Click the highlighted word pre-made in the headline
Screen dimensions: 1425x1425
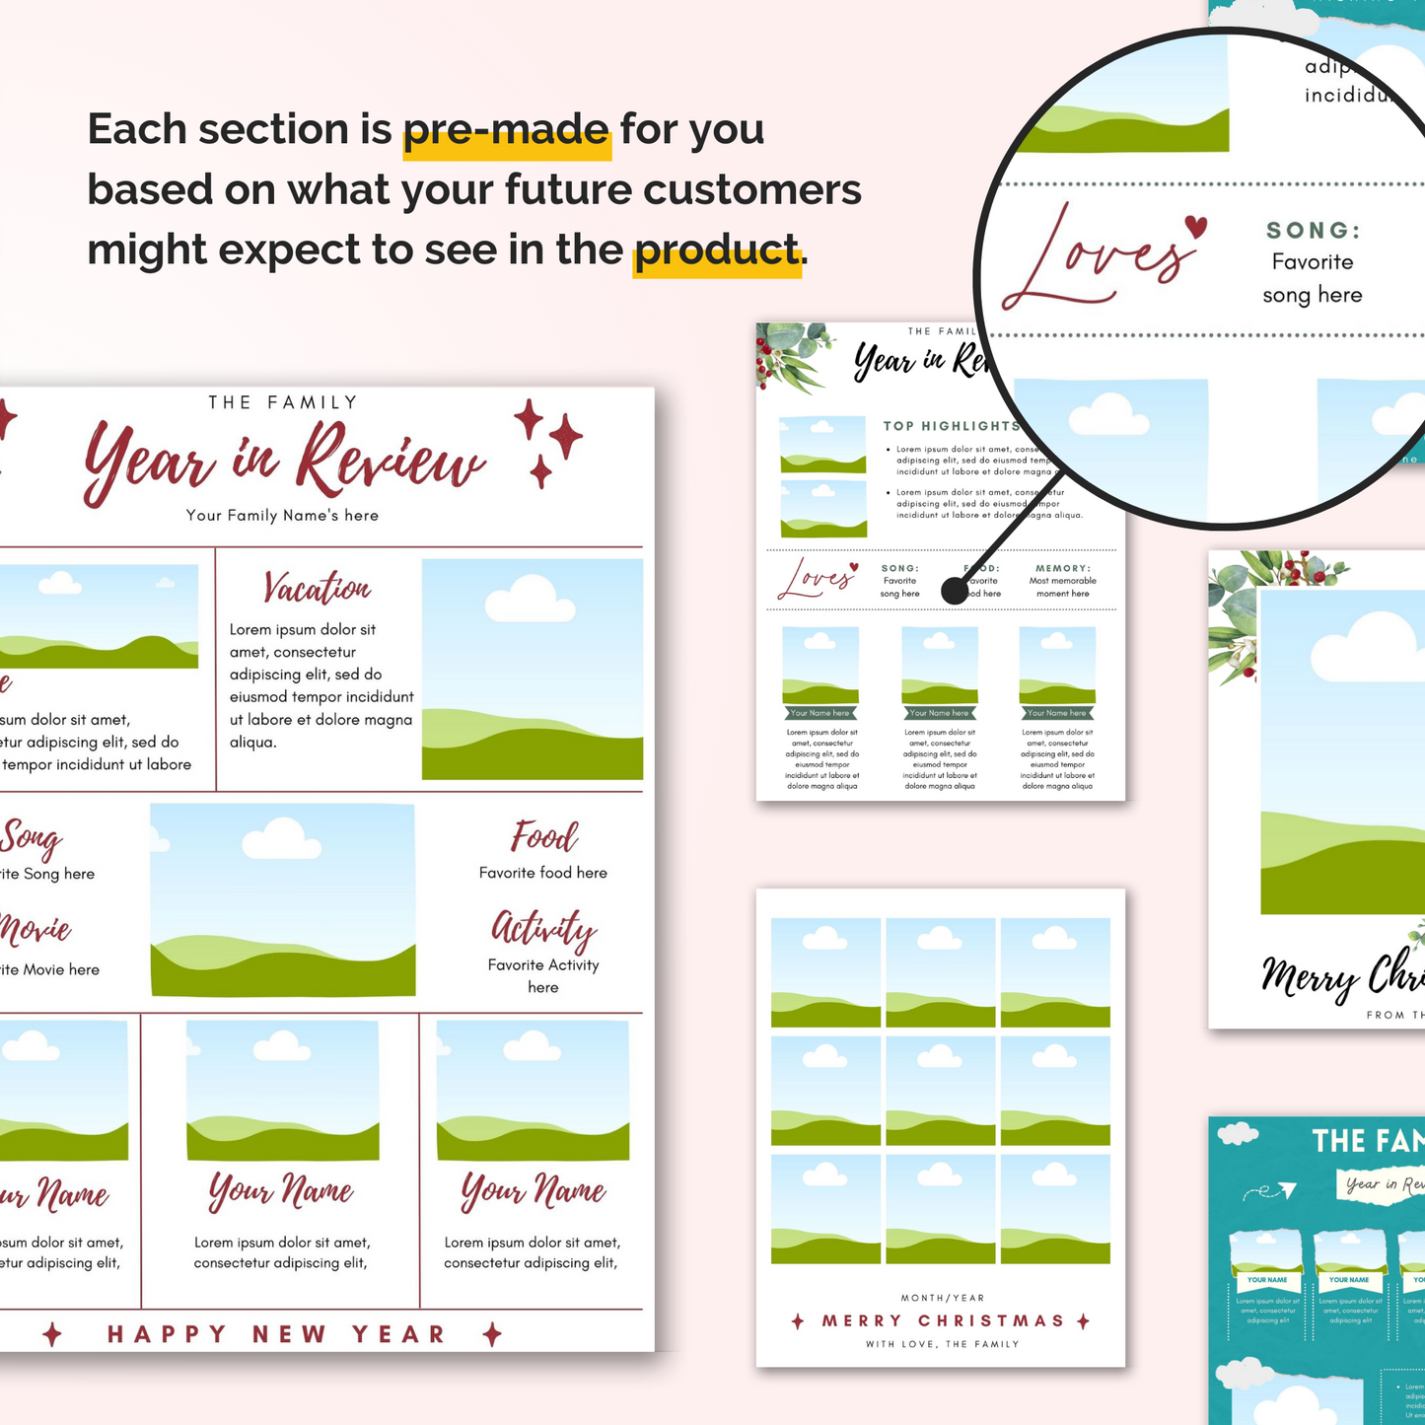pyautogui.click(x=507, y=130)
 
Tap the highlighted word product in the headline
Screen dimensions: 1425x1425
pyautogui.click(x=716, y=250)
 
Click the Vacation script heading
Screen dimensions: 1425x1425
pyautogui.click(x=317, y=588)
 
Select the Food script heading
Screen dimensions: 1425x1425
pyautogui.click(x=543, y=837)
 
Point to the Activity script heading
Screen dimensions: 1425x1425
pyautogui.click(x=543, y=929)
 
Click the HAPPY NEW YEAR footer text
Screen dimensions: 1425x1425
pyautogui.click(x=276, y=1334)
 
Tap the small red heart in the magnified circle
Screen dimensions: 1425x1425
pyautogui.click(x=1195, y=227)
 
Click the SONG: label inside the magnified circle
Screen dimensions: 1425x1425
pyautogui.click(x=1313, y=231)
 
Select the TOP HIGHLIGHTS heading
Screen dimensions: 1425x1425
pyautogui.click(x=951, y=426)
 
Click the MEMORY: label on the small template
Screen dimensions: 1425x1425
pyautogui.click(x=1062, y=568)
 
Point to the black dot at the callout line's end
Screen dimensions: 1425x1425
pyautogui.click(x=955, y=591)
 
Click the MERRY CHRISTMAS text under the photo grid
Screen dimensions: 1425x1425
pyautogui.click(x=943, y=1320)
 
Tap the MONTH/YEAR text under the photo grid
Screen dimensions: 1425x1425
pyautogui.click(x=943, y=1298)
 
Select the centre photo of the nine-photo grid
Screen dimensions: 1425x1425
pyautogui.click(x=941, y=1090)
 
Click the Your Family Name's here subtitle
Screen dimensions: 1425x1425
pyautogui.click(x=282, y=516)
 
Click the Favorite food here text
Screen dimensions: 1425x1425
pyautogui.click(x=543, y=873)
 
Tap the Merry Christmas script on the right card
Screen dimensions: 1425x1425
pyautogui.click(x=1341, y=976)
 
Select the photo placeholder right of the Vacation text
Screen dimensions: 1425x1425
pyautogui.click(x=533, y=669)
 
